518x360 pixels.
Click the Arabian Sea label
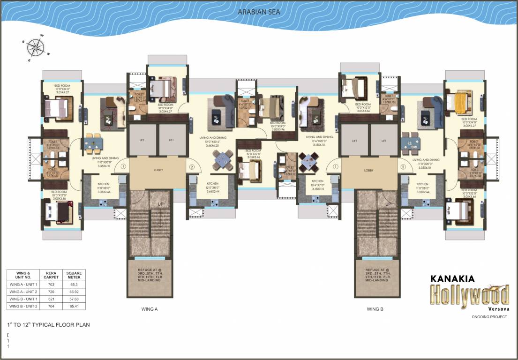click(x=259, y=12)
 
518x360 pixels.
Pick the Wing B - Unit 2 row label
click(x=23, y=306)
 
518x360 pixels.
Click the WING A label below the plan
click(x=150, y=309)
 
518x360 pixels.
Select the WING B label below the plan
click(x=375, y=309)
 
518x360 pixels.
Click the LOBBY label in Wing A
click(x=158, y=170)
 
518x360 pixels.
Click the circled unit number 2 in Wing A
click(x=191, y=166)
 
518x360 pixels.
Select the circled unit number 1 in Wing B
click(x=335, y=166)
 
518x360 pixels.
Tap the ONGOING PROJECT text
click(x=489, y=317)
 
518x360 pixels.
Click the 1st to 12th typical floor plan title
click(x=48, y=324)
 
